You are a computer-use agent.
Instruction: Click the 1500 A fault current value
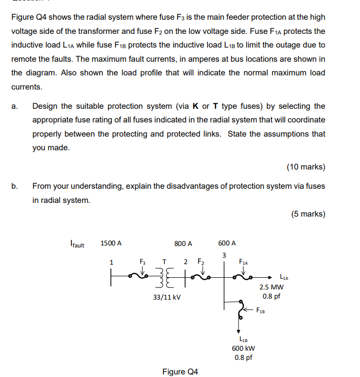pos(111,243)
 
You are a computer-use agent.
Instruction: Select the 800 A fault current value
pos(183,243)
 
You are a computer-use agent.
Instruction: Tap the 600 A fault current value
pos(227,243)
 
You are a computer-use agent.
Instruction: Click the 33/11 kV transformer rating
pos(167,298)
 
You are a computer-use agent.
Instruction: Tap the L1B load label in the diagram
pos(244,339)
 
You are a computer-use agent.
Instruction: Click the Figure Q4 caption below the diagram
pos(180,372)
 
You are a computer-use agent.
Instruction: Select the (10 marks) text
pos(306,167)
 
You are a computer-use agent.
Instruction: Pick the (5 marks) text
pos(308,214)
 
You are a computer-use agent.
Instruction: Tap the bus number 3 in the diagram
pos(223,254)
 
